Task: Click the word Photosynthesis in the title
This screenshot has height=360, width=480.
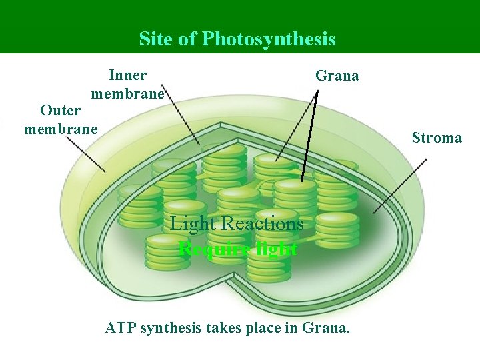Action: [269, 39]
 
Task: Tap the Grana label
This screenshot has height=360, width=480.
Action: [337, 76]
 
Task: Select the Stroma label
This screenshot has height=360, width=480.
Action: [437, 138]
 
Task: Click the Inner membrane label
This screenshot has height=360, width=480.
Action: [127, 84]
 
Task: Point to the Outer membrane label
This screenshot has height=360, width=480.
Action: [61, 119]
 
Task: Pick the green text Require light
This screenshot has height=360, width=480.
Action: [238, 249]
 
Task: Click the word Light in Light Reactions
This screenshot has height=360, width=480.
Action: [193, 224]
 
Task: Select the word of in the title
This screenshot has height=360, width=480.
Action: [190, 39]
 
